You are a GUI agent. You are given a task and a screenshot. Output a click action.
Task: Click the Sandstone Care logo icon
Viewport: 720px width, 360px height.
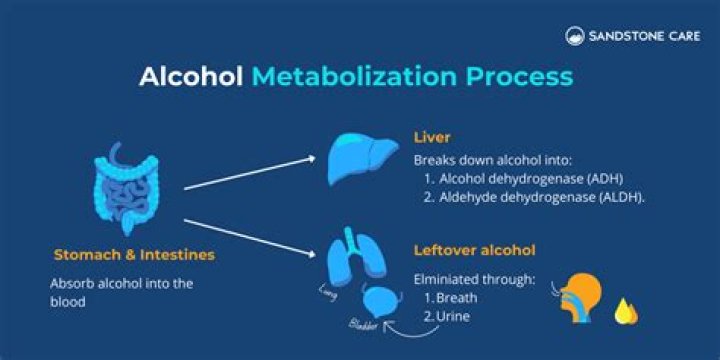point(573,37)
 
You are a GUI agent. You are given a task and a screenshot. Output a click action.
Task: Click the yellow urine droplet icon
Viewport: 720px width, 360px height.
point(627,311)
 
